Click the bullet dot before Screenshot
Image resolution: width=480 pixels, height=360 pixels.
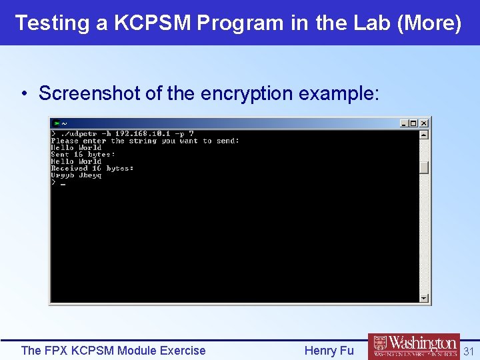(x=24, y=94)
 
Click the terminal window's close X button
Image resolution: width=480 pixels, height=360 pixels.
(x=424, y=123)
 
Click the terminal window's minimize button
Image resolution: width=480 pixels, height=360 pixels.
(x=404, y=123)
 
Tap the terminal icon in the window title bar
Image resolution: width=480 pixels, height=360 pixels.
(x=57, y=123)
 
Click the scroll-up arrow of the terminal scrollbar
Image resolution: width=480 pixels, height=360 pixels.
(x=424, y=134)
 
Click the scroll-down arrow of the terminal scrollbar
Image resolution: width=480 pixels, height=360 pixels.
(x=424, y=298)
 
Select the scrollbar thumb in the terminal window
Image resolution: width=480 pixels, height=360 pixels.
(x=424, y=167)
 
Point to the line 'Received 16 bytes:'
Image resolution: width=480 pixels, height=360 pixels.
(x=92, y=168)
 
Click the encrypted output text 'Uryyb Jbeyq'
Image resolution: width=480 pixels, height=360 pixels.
(x=76, y=175)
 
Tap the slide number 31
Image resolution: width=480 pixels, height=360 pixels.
(x=468, y=351)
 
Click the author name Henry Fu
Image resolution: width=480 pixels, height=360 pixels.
(x=329, y=351)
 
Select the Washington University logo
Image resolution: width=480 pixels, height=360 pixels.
(x=413, y=347)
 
